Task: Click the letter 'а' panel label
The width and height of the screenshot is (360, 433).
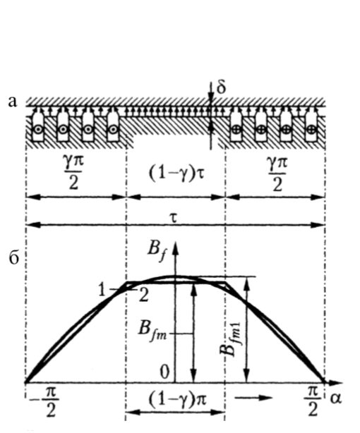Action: click(x=13, y=102)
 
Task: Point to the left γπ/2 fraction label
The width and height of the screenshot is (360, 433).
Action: click(x=73, y=173)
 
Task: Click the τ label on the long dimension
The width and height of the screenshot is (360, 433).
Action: click(x=174, y=218)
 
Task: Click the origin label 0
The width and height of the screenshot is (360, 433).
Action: click(x=164, y=372)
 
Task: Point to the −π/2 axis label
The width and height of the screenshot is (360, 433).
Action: click(x=47, y=404)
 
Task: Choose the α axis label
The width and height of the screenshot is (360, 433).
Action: click(x=336, y=398)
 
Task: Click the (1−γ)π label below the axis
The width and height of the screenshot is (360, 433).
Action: click(x=177, y=398)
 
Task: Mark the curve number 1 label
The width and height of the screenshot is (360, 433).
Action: click(x=102, y=291)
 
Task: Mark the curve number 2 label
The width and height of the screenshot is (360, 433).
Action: click(x=144, y=295)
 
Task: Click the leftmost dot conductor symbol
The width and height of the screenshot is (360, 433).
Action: click(x=38, y=129)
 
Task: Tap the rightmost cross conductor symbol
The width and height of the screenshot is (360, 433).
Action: click(x=311, y=129)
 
